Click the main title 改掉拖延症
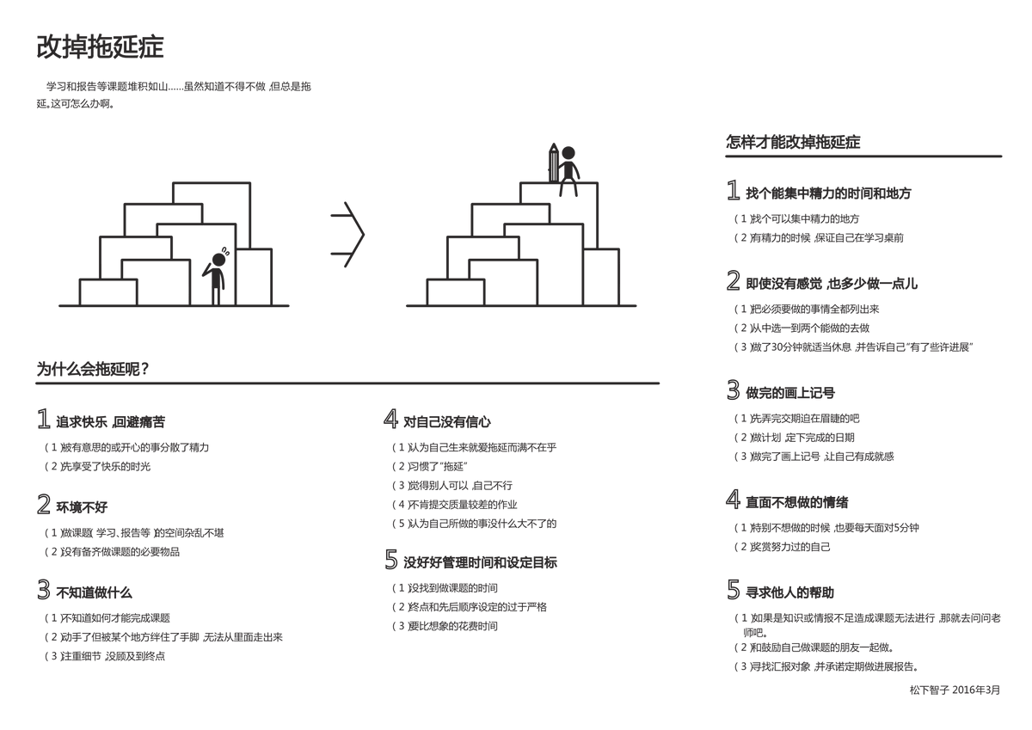100,46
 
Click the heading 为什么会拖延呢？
93,369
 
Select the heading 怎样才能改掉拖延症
793,142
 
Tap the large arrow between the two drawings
347,235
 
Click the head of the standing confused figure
218,260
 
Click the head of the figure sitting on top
568,153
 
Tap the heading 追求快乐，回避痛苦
110,422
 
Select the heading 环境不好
82,507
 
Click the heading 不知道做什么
94,592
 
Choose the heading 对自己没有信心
447,422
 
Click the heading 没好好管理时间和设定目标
480,562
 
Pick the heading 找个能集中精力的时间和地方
828,193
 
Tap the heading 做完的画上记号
790,393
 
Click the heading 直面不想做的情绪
796,502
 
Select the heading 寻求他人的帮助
789,592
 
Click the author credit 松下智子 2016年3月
955,690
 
